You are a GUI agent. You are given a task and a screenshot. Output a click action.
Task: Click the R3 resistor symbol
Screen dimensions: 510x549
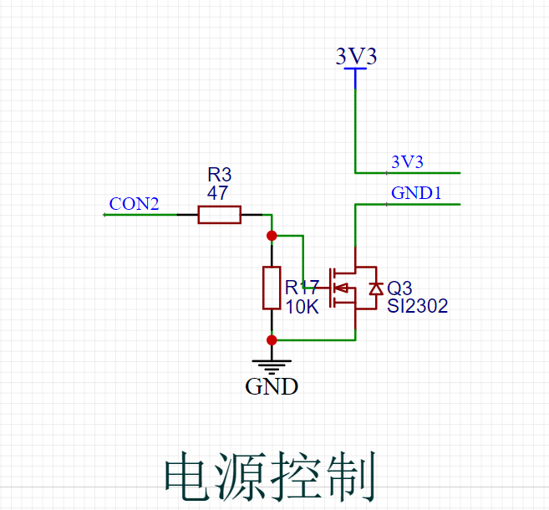[219, 215]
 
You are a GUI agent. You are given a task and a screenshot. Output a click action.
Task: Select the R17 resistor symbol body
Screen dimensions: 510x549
[272, 288]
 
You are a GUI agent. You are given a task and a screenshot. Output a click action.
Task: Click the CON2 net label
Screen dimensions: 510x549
[134, 204]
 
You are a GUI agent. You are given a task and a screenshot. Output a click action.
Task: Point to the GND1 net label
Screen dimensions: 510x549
[416, 193]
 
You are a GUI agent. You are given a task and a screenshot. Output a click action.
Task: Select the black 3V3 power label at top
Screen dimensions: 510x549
[356, 56]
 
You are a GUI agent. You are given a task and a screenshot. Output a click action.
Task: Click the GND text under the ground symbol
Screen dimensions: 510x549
[272, 387]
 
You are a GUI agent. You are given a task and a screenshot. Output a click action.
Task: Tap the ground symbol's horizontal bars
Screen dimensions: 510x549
[272, 365]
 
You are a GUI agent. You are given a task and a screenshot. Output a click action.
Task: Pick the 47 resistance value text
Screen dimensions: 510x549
[218, 192]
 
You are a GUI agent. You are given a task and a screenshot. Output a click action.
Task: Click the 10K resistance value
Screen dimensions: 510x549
[302, 307]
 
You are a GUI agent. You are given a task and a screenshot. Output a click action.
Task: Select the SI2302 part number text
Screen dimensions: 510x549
[417, 307]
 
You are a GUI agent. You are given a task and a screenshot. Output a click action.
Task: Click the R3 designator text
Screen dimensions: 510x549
[219, 175]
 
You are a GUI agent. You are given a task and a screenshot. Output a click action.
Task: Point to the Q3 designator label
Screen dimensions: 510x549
[399, 288]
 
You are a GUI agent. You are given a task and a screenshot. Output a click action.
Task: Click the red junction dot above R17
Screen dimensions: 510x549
[272, 236]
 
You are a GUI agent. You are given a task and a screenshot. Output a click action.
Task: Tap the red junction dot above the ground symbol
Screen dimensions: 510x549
[272, 339]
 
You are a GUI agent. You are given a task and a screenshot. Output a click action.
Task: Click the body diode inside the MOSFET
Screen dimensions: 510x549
[375, 288]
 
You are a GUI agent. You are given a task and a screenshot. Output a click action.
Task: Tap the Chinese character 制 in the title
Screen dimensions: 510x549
[350, 478]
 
